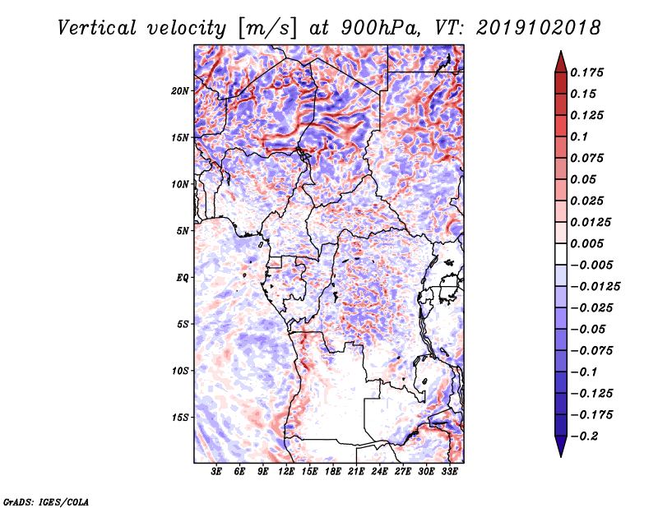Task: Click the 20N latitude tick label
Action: (180, 90)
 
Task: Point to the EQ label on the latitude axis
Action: (183, 277)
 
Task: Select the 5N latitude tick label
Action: (183, 231)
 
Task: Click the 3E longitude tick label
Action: (216, 471)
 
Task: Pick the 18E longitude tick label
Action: (333, 471)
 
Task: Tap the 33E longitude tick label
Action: (449, 471)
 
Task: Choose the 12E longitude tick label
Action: (286, 471)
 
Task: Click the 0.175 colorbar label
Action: (586, 72)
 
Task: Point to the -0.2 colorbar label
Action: (584, 436)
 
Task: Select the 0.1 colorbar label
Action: (579, 136)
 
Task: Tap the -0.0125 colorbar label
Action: (595, 287)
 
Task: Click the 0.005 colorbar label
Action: (586, 243)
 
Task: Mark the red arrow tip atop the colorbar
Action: (561, 51)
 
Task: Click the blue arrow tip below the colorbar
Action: (561, 457)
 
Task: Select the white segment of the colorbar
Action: (561, 254)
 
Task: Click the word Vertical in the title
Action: (97, 28)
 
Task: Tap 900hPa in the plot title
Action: (380, 28)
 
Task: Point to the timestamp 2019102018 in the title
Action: (539, 28)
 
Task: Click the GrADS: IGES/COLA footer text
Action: (46, 501)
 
